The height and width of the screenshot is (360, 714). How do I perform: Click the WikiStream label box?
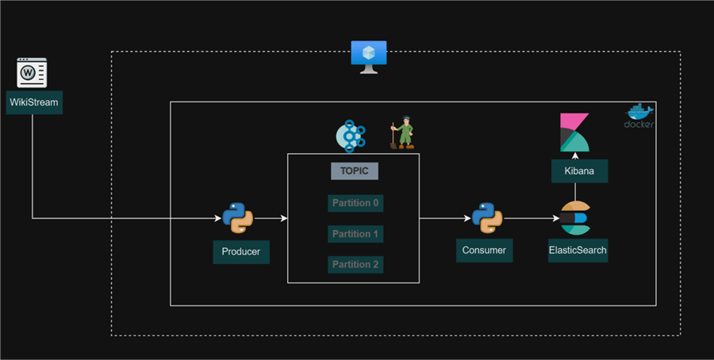(x=34, y=102)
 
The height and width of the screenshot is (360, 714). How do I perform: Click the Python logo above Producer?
(x=237, y=217)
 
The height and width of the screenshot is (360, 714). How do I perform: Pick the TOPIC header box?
(x=355, y=170)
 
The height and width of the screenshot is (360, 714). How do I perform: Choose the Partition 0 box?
(x=355, y=203)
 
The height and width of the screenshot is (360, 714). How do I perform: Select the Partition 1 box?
(x=355, y=234)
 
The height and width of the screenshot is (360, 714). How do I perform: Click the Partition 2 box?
(x=355, y=264)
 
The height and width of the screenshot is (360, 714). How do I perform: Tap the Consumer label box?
(x=485, y=251)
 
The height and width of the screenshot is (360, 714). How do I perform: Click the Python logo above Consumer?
(x=486, y=217)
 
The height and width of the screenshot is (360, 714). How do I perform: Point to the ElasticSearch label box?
(x=578, y=251)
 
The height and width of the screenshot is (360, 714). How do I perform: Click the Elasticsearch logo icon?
(x=575, y=218)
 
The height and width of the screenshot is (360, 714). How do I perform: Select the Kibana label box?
(x=579, y=171)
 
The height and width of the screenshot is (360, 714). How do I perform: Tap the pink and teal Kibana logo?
(x=574, y=132)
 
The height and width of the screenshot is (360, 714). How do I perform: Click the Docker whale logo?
(x=639, y=114)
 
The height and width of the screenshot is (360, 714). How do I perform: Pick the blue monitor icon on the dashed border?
(x=369, y=56)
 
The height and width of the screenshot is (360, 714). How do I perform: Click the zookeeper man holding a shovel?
(x=404, y=134)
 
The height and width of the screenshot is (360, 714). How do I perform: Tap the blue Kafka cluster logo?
(x=351, y=136)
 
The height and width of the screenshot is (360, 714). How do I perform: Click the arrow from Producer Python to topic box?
(x=271, y=217)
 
